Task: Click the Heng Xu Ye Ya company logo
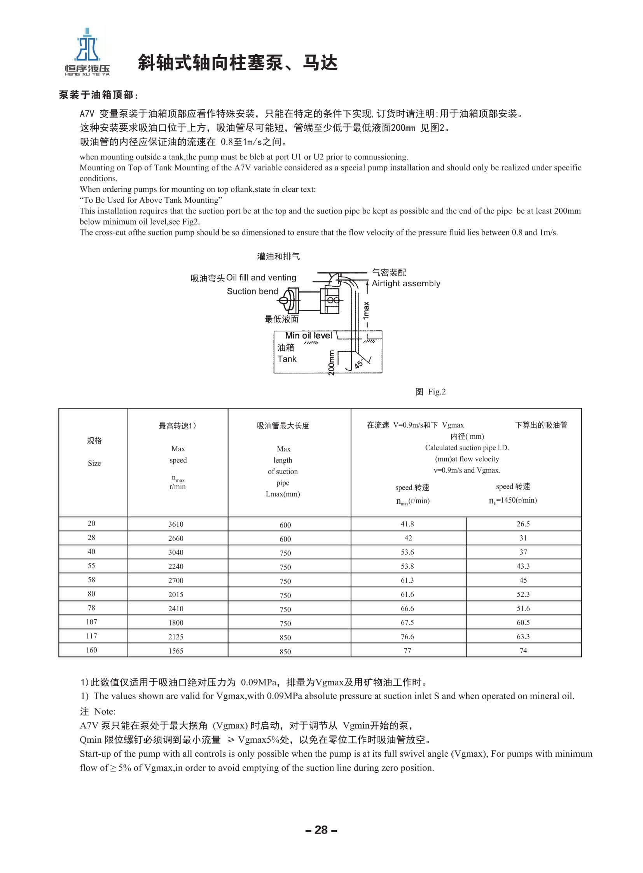pos(87,51)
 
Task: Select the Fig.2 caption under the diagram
pos(430,392)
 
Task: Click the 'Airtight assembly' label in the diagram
pos(405,284)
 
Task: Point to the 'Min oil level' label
pos(308,335)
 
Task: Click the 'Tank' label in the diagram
pos(287,359)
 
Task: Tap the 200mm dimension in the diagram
pos(331,363)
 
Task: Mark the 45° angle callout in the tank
pos(359,363)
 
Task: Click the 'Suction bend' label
pos(252,291)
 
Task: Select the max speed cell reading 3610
pos(176,524)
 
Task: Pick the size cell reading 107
pos(91,622)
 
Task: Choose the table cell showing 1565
pos(176,650)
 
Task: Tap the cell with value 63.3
pos(523,636)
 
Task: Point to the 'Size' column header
pos(94,463)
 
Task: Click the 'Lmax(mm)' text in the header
pos(283,494)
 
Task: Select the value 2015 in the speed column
pos(176,594)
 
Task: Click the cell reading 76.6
pos(407,636)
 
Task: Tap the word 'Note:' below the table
pos(105,712)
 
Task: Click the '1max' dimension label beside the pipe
pos(366,311)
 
